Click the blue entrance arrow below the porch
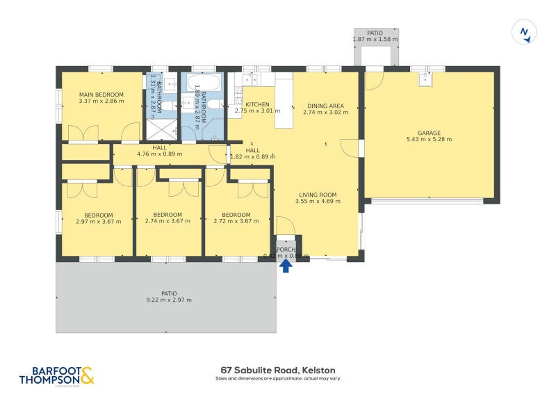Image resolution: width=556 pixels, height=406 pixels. (286, 265)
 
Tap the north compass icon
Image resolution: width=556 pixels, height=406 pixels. (525, 32)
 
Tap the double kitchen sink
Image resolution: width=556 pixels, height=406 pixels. (251, 79)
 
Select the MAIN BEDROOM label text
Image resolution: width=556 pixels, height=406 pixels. (101, 95)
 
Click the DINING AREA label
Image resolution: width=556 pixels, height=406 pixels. (326, 106)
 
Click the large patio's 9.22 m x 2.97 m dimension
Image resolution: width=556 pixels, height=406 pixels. (169, 300)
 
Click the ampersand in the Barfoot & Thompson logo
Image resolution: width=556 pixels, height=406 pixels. (87, 376)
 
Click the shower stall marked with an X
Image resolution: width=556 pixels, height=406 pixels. (161, 130)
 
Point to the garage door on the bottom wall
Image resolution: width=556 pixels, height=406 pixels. (427, 201)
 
